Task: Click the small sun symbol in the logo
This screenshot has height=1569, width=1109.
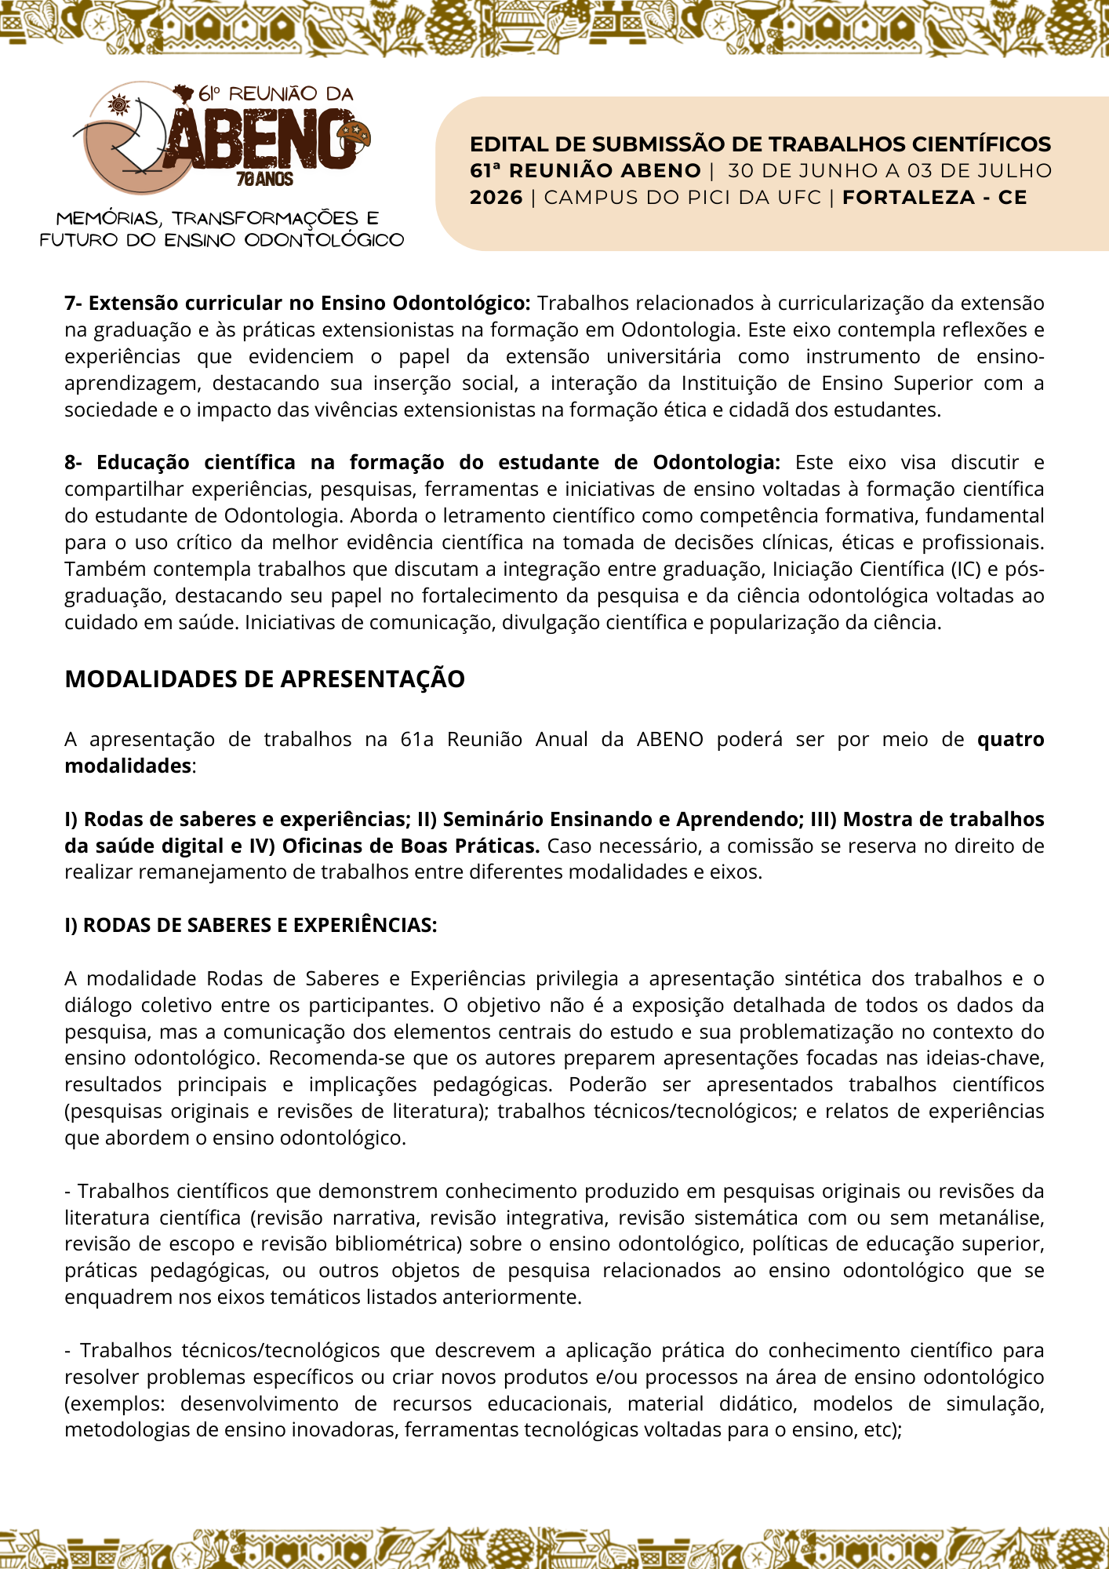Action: (119, 104)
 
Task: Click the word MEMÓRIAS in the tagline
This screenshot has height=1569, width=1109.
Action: (108, 218)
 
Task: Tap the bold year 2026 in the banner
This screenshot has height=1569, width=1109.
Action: (496, 198)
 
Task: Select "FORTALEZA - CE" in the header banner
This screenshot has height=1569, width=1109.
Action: (934, 198)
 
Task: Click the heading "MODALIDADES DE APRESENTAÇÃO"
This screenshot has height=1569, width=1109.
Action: (264, 679)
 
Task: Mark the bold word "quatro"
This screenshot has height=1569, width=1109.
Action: (1010, 740)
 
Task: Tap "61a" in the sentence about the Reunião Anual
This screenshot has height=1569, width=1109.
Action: (416, 740)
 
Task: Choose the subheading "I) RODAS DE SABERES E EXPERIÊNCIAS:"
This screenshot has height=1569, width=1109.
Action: (251, 926)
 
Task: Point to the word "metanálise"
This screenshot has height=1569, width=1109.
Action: (991, 1218)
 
